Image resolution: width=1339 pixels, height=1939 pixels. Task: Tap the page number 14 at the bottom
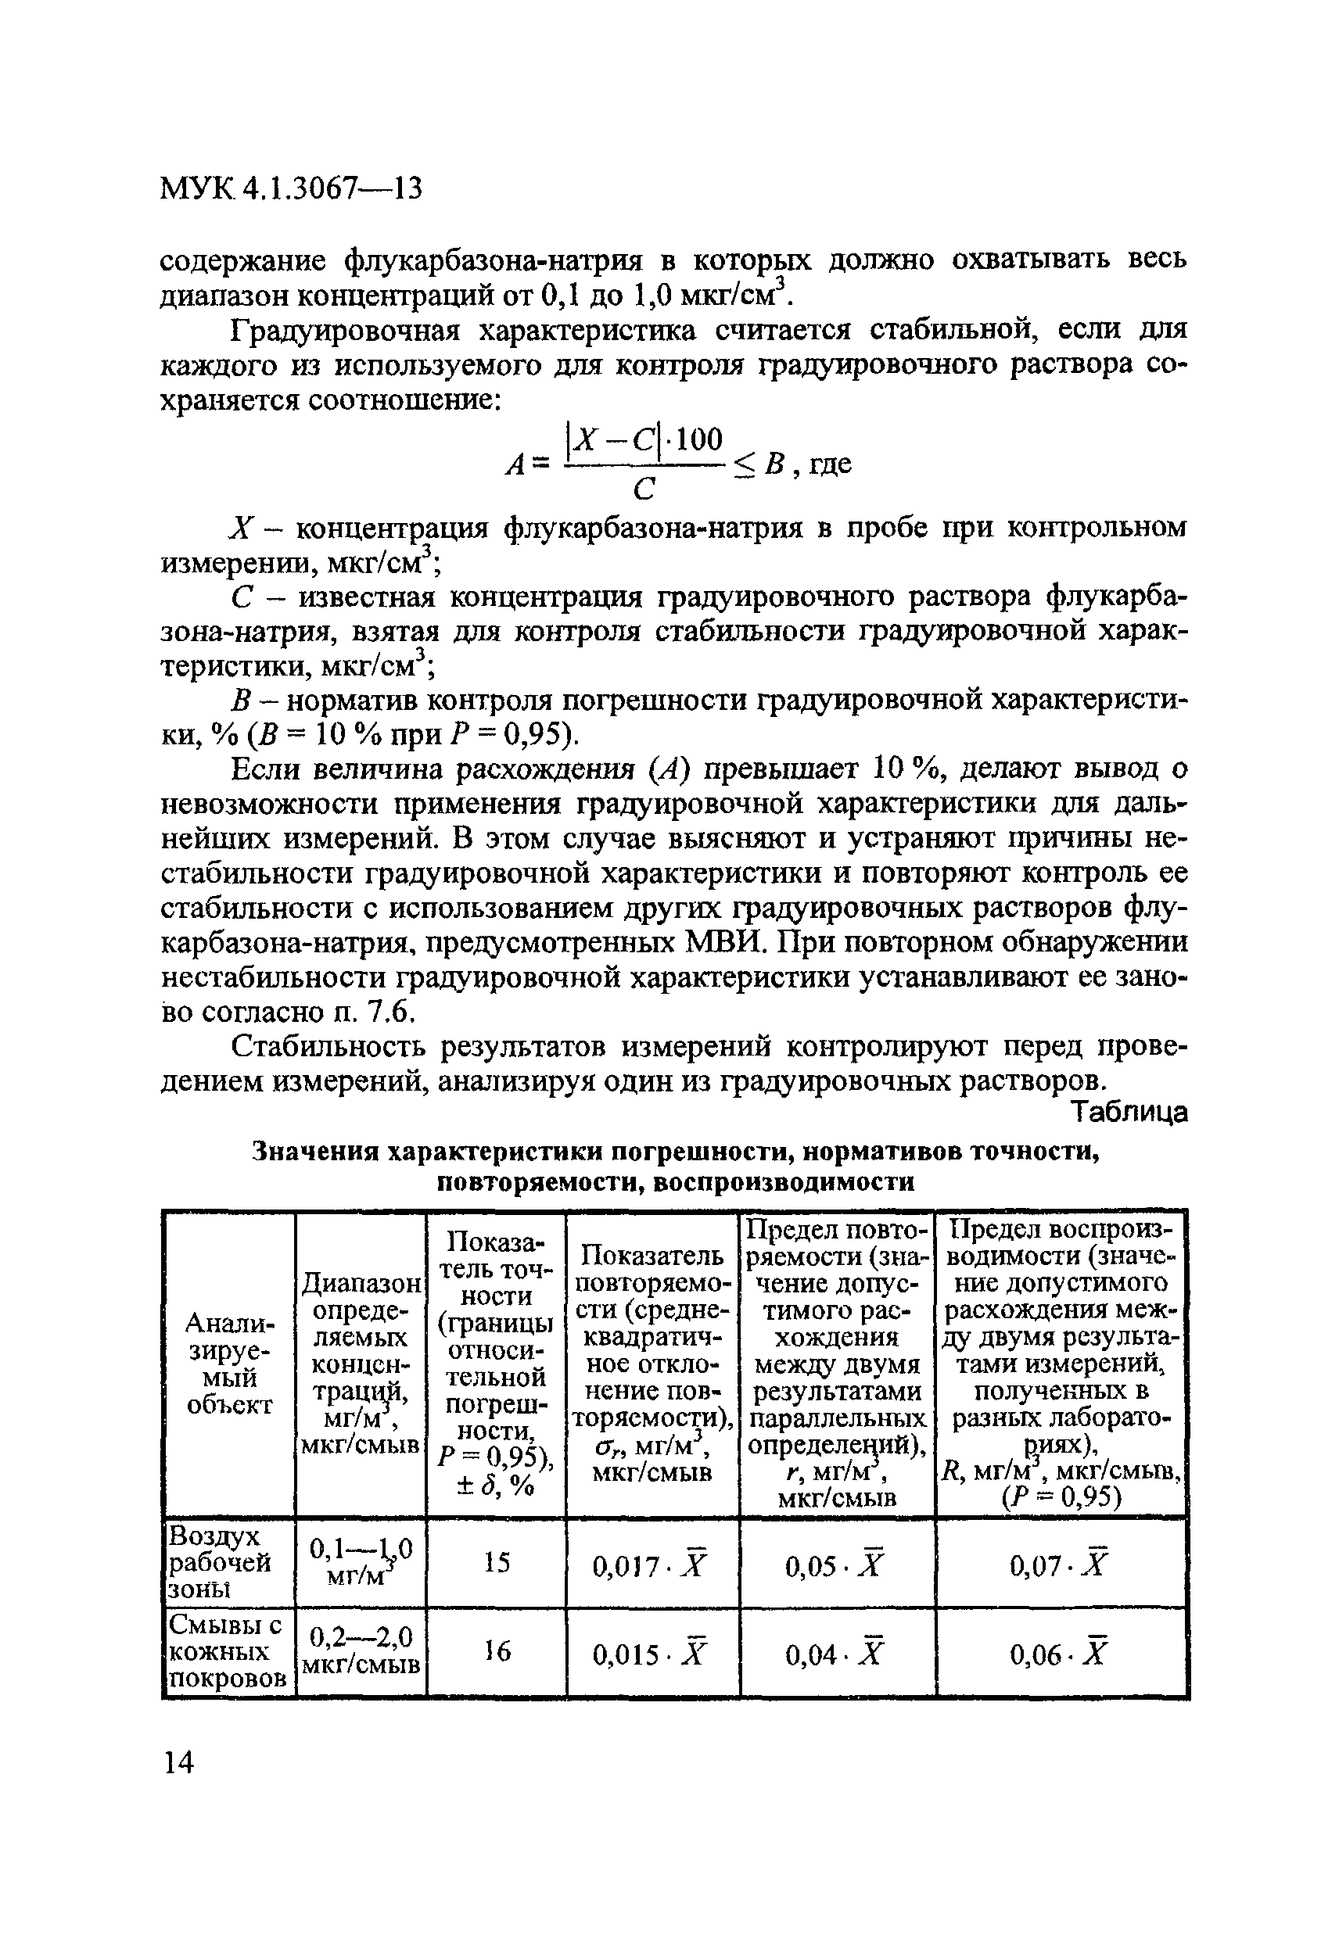(178, 1763)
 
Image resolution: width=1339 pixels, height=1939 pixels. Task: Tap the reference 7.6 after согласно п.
(389, 1013)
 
